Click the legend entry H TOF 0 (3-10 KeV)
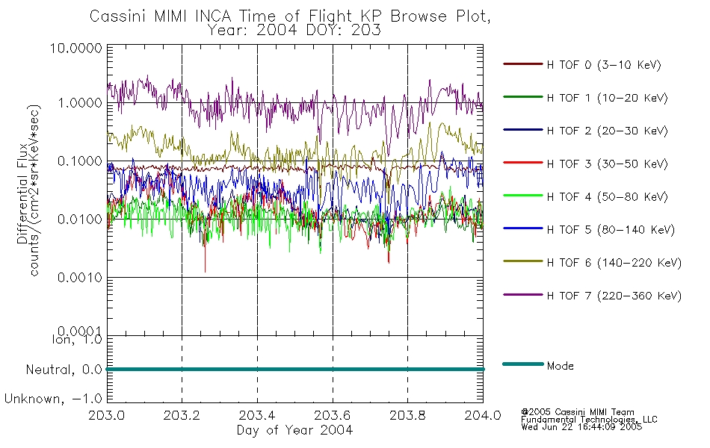tap(604, 65)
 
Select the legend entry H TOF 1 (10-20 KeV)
tap(607, 98)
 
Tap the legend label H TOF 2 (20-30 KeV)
tap(607, 131)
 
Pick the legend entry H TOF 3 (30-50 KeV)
tap(607, 164)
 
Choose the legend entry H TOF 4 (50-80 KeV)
tap(607, 197)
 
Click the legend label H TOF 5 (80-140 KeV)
tap(611, 230)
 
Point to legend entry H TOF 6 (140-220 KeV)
tap(614, 263)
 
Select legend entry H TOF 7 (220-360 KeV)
tap(614, 296)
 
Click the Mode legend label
tap(560, 366)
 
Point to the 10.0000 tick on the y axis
tap(76, 49)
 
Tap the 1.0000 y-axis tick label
tap(80, 103)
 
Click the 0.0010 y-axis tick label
tap(80, 278)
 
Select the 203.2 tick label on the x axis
tap(182, 415)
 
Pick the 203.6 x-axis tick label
tap(333, 415)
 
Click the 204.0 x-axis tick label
tap(483, 415)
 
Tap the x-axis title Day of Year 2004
tap(294, 430)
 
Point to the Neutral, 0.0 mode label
tap(64, 370)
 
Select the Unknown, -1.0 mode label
tap(53, 399)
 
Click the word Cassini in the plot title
tap(119, 16)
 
